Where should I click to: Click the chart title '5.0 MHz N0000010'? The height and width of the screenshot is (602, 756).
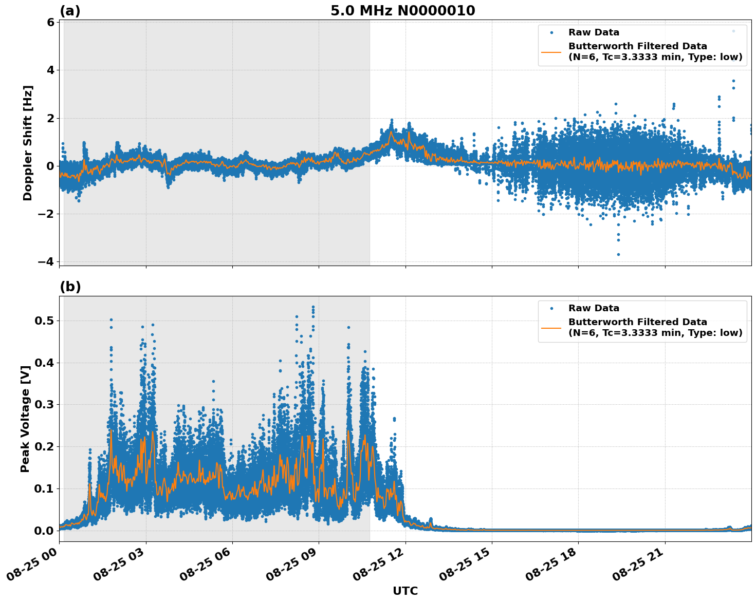402,11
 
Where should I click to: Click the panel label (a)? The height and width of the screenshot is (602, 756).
70,11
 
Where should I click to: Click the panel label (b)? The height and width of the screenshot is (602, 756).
70,287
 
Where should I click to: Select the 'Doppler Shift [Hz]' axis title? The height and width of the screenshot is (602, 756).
28,143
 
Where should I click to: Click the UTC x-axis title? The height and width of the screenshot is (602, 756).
405,591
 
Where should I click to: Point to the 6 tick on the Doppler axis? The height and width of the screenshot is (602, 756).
50,22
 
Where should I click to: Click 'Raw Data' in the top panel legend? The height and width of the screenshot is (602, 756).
594,32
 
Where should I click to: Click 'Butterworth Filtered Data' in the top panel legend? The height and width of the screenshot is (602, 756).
637,46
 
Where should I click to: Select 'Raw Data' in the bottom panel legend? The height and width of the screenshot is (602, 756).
594,308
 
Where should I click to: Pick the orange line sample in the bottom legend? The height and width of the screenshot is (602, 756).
551,328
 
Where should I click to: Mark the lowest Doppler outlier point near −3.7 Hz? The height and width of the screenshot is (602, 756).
618,254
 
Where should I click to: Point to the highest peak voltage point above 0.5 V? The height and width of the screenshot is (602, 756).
313,307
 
